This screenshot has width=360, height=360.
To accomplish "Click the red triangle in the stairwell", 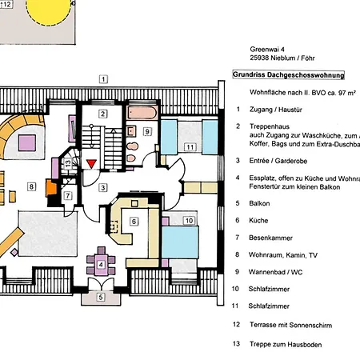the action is (x=91, y=163).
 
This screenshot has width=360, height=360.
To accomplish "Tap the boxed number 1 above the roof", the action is (x=103, y=79).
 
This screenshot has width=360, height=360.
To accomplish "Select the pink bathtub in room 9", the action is (x=142, y=113).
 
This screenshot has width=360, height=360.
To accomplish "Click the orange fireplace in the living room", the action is (x=51, y=188).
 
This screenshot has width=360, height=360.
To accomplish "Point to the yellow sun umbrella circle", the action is (x=49, y=11).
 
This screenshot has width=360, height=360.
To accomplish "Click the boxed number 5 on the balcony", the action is (x=101, y=297).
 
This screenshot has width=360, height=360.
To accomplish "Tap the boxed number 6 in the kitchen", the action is (x=134, y=222).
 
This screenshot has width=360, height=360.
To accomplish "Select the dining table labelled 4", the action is (x=101, y=265).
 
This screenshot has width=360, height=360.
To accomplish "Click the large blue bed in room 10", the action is (x=180, y=242).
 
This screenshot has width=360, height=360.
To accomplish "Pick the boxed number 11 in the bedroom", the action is (x=190, y=147).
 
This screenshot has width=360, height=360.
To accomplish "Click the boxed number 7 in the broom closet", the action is (x=68, y=196).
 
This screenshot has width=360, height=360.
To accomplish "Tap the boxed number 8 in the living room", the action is (x=31, y=186).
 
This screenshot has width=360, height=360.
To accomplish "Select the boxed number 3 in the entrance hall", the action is (x=103, y=188).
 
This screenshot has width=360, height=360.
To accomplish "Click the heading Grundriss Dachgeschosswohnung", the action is (x=289, y=75).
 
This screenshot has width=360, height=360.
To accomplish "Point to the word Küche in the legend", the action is (x=258, y=221).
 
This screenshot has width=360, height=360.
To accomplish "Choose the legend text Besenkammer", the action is (x=270, y=238).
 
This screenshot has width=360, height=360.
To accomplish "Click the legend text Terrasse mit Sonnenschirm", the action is (x=290, y=325).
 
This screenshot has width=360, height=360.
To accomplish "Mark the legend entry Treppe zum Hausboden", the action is (x=286, y=345).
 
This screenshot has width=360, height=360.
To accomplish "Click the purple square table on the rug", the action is (x=27, y=143).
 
